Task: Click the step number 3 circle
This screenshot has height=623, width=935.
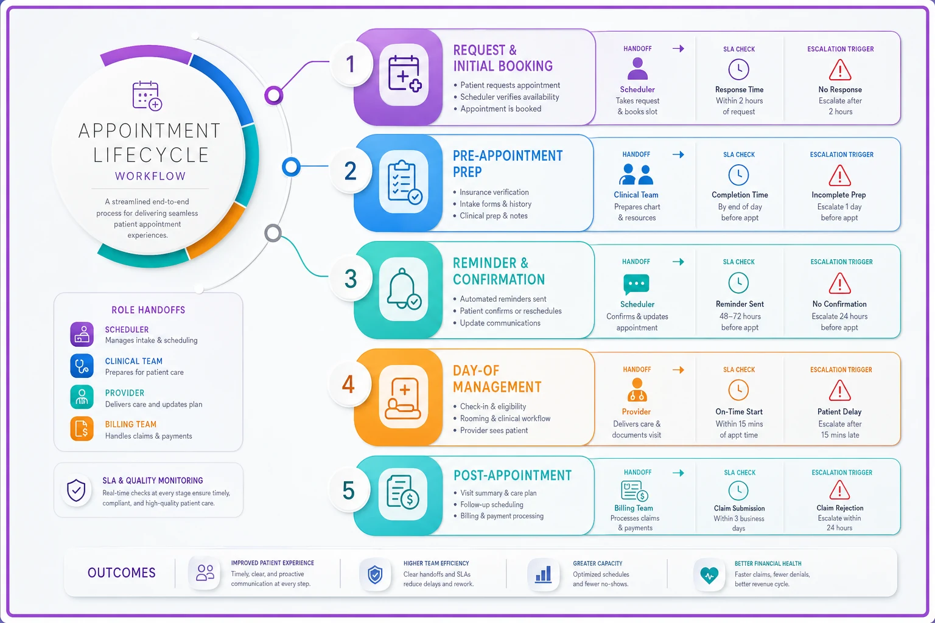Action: click(351, 278)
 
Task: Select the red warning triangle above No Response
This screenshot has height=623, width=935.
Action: click(840, 70)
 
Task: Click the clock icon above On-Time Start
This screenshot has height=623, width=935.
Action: click(738, 390)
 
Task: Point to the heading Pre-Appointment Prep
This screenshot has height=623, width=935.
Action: click(508, 164)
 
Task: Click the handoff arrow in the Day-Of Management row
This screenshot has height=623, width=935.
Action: click(678, 370)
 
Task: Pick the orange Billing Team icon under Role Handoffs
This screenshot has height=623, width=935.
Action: click(82, 428)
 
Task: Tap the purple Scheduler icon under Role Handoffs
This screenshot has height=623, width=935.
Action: click(82, 334)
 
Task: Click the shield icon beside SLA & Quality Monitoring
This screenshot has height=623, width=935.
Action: click(76, 490)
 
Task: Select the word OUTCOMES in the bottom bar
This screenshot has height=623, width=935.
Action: click(122, 573)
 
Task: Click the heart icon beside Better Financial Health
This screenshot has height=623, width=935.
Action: click(709, 575)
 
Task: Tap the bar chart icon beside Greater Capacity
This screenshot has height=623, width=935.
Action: click(543, 574)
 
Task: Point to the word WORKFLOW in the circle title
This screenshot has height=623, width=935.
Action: click(150, 176)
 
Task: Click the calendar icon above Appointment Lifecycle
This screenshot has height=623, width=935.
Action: click(147, 96)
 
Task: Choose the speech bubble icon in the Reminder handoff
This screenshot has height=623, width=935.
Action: click(636, 284)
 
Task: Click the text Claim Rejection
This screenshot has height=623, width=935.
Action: click(840, 508)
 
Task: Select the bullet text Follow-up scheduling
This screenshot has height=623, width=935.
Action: click(492, 504)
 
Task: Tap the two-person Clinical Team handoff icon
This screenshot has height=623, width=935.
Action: click(636, 175)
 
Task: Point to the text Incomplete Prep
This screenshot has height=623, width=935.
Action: click(839, 195)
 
